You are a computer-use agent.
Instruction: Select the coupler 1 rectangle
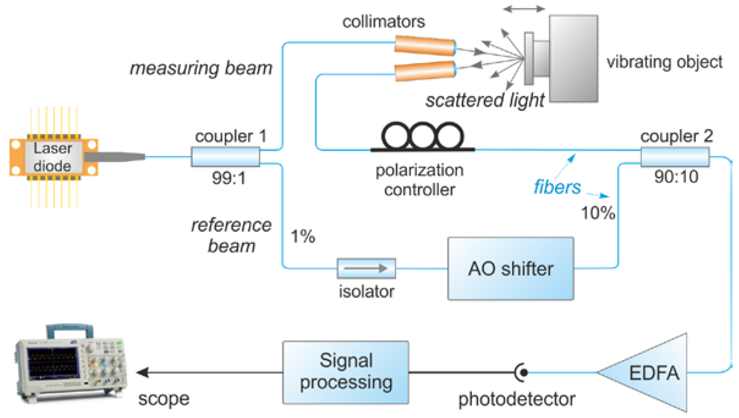click(x=226, y=157)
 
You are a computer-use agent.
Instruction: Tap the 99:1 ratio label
click(x=229, y=178)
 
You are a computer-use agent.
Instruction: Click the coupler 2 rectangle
click(x=675, y=157)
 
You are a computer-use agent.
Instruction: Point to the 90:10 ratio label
click(x=676, y=177)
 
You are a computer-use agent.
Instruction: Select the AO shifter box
click(x=510, y=269)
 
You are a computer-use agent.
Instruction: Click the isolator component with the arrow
click(x=366, y=268)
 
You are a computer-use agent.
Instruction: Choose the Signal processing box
click(x=346, y=372)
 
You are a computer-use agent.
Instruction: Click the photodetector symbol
click(x=522, y=373)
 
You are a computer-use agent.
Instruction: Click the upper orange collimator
click(x=425, y=46)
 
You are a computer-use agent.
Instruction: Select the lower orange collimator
click(x=425, y=71)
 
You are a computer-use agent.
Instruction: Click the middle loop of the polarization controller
click(x=422, y=136)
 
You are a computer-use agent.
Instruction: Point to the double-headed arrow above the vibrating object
click(x=524, y=9)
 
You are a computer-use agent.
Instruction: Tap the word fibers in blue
click(x=557, y=187)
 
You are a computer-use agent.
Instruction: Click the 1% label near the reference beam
click(x=303, y=237)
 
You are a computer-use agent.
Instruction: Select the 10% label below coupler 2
click(x=598, y=213)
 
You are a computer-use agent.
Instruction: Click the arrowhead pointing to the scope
click(x=142, y=373)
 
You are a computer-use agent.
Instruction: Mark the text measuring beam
click(x=201, y=68)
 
